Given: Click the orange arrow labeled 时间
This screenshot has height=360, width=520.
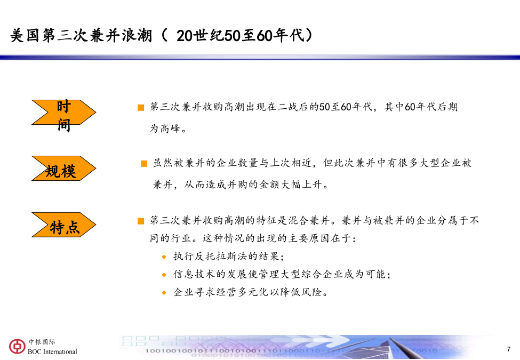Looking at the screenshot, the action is (63, 112).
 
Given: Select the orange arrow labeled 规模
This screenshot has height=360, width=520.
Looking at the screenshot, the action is (63, 169).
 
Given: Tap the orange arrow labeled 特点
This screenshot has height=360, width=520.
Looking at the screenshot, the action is (63, 225).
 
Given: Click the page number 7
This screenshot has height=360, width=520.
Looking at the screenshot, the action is (509, 349).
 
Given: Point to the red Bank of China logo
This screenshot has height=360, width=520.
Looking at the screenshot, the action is (17, 347).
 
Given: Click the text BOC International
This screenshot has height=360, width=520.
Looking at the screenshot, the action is (52, 351).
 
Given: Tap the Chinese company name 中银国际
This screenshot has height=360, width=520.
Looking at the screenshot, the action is (42, 342).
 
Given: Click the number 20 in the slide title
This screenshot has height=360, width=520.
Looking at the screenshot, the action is (185, 36).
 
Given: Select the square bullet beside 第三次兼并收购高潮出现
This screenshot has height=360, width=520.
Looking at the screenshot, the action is (141, 107).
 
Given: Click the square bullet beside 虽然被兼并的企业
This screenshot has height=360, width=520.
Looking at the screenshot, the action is (144, 163).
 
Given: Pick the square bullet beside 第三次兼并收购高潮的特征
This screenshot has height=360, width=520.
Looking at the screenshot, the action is (141, 221).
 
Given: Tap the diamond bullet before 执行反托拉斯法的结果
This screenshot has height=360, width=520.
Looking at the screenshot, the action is (164, 257).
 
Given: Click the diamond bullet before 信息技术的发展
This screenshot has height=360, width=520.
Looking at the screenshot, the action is (164, 275).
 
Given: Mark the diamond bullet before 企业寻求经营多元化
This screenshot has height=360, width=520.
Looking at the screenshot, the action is (164, 293).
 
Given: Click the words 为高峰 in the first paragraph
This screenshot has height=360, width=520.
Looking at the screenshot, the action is (165, 128).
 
